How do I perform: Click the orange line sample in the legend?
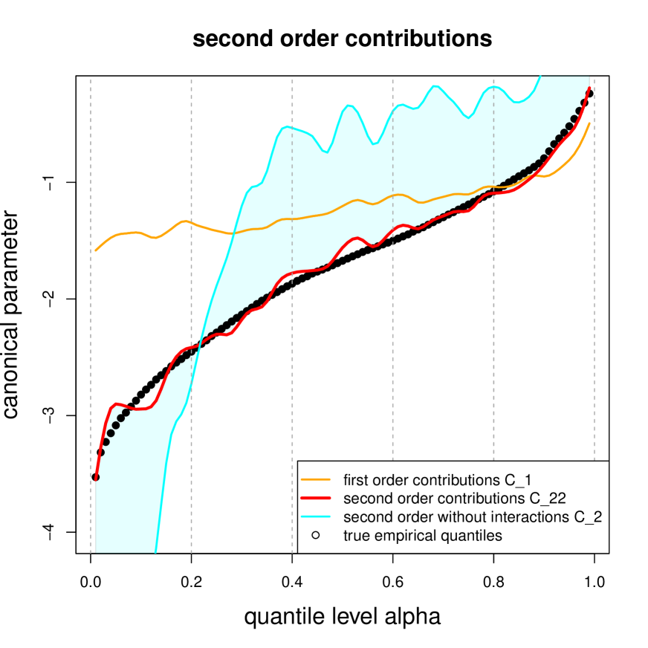[316, 477]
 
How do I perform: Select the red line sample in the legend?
[316, 496]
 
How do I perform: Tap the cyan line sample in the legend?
[316, 516]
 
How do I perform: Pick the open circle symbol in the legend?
[316, 535]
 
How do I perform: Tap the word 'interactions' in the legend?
[523, 516]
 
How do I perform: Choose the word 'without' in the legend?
[462, 516]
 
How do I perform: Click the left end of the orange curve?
[97, 250]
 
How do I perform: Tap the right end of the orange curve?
[590, 123]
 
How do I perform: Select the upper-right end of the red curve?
[590, 88]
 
